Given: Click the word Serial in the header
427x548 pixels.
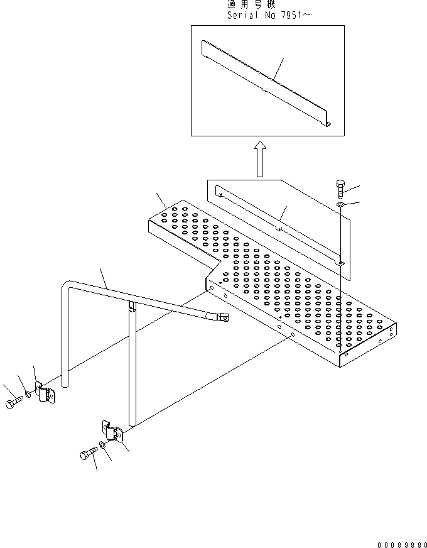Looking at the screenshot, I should pyautogui.click(x=242, y=16).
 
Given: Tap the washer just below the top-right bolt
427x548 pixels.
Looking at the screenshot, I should pyautogui.click(x=339, y=204).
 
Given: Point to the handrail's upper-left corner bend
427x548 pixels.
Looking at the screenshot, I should pyautogui.click(x=68, y=288).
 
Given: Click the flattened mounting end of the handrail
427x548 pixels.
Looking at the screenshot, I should pyautogui.click(x=220, y=318).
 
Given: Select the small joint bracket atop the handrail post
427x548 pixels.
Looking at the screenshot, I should pyautogui.click(x=132, y=306).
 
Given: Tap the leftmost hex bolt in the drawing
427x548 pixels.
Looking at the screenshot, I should pyautogui.click(x=13, y=403).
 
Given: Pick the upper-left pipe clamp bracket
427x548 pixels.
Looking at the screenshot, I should pyautogui.click(x=45, y=395).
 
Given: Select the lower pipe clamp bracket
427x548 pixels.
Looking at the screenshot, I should pyautogui.click(x=113, y=434).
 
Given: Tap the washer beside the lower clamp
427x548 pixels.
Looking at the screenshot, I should pyautogui.click(x=102, y=446).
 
